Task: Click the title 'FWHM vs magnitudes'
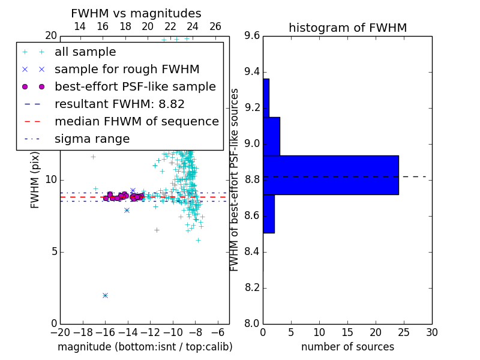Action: click(136, 13)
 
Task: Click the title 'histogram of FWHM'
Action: click(348, 28)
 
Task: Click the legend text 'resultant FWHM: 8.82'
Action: click(119, 104)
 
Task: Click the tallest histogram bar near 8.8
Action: click(331, 175)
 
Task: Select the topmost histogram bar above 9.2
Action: click(266, 98)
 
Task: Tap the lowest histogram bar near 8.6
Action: click(269, 214)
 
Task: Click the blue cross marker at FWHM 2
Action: click(106, 295)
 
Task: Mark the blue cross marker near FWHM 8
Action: click(127, 211)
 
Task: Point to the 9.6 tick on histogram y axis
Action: click(252, 36)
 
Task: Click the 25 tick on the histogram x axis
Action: click(404, 332)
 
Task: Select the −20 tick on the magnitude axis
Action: click(61, 332)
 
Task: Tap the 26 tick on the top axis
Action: click(215, 26)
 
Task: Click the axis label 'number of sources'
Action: click(348, 347)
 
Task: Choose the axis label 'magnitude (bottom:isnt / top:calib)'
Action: click(145, 347)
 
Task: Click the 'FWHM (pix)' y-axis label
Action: click(35, 180)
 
